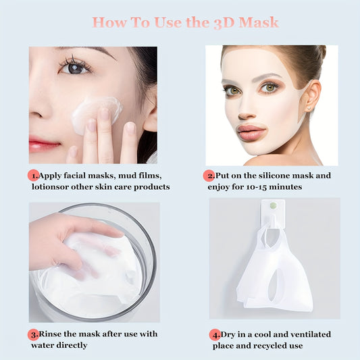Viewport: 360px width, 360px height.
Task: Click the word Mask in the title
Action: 255,23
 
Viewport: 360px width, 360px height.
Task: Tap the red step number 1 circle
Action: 33,175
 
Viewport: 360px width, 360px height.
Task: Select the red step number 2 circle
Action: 209,175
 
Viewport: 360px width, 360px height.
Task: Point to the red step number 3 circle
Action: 33,334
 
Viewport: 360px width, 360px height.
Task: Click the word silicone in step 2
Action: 270,176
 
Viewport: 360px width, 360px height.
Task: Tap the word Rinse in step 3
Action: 52,334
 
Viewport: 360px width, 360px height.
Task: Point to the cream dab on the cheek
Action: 96,111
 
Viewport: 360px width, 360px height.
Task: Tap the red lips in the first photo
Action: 44,144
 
